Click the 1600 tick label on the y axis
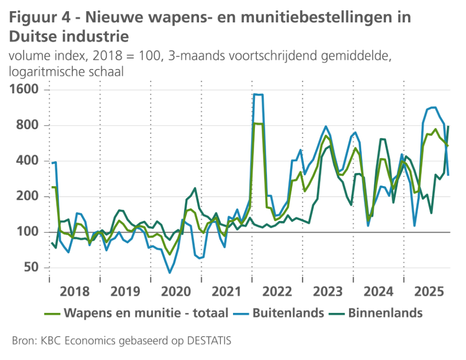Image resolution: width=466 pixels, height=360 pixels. (24, 90)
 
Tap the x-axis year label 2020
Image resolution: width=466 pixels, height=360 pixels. (176, 291)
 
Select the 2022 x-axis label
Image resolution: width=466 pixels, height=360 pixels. (277, 291)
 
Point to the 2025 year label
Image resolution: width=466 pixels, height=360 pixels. (429, 291)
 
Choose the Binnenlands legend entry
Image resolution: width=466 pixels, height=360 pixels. (385, 312)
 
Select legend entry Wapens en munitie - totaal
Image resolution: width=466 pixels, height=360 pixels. (145, 312)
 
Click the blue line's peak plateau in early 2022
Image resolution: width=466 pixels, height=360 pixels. (258, 95)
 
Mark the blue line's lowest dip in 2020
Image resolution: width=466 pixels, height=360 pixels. (170, 273)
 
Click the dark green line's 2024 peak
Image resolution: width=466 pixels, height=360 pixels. (383, 139)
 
